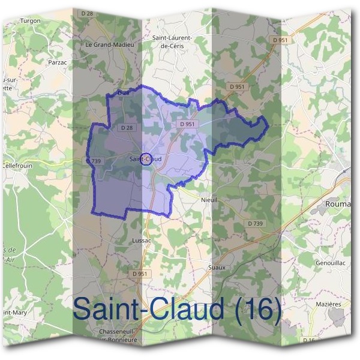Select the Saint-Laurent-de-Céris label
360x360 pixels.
(172, 41)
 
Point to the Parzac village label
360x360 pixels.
(56, 61)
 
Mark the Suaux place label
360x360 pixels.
(216, 267)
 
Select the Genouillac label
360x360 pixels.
(331, 263)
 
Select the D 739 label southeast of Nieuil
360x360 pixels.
(256, 223)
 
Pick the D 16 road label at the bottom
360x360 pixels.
(308, 341)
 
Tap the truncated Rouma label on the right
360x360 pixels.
(338, 205)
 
